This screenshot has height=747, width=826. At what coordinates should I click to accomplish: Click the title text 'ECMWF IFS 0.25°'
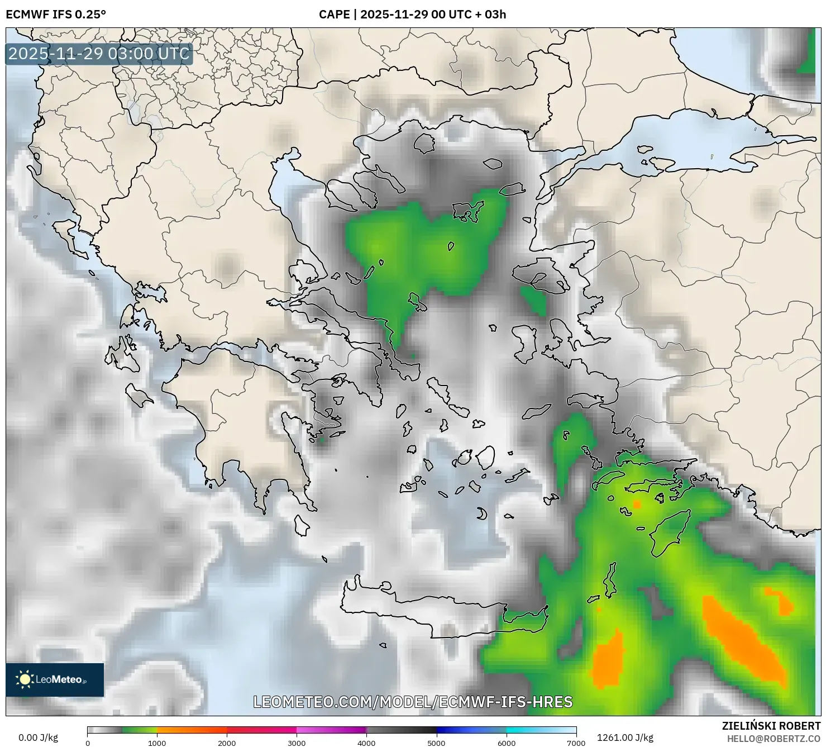point(56,15)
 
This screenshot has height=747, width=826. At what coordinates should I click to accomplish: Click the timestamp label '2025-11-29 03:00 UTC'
point(99,54)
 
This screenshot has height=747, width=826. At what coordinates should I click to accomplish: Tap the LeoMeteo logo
point(55,679)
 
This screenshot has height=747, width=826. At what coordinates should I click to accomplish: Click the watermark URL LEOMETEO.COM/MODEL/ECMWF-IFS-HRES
point(413,702)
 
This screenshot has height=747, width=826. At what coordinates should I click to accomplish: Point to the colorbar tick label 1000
point(157,743)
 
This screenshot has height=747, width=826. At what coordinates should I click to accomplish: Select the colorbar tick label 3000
point(297,743)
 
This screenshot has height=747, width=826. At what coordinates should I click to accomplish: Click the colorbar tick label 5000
point(436,743)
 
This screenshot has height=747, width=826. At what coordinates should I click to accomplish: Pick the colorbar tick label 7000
point(576,743)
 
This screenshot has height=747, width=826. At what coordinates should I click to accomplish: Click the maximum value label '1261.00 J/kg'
point(625,738)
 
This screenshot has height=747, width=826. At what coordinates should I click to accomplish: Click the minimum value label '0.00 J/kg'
point(38,738)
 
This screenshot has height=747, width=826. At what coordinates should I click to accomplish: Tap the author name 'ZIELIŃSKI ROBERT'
point(771,726)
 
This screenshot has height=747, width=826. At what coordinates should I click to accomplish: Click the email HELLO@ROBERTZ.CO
point(774,738)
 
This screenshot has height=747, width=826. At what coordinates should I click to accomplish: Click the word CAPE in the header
point(334,15)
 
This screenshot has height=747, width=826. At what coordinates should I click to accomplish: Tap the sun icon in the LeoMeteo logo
point(25,679)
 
